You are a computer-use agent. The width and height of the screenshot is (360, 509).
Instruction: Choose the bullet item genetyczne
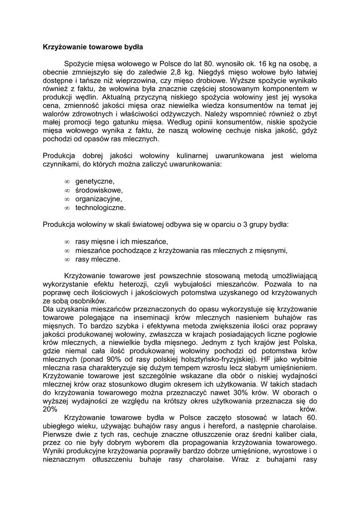point(94,181)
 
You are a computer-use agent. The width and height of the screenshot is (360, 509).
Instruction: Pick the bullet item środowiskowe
point(99,190)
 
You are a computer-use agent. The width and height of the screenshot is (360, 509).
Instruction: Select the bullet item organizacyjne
point(98,199)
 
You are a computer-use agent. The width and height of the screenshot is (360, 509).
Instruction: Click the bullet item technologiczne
point(100,207)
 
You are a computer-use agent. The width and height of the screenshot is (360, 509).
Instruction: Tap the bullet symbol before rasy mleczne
point(67,259)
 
